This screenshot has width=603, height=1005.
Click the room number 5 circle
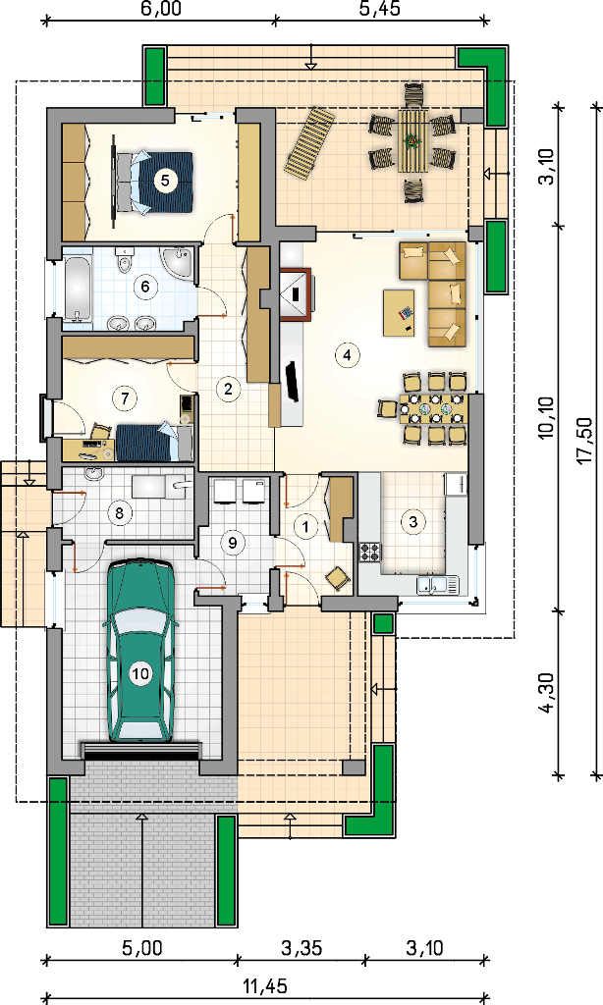166,181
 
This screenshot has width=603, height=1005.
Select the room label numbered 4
347,354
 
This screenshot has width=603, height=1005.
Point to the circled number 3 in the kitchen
413,522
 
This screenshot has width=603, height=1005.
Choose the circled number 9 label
232,542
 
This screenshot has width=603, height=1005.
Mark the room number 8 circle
119,512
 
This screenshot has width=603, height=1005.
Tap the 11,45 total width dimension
265,986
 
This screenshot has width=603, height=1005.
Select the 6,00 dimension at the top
159,8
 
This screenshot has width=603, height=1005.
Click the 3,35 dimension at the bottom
301,947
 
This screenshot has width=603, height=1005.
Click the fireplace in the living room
296,293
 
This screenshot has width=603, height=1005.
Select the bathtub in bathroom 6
78,290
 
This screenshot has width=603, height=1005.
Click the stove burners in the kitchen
369,552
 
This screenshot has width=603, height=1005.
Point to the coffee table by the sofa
399,313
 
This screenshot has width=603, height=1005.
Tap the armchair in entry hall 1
338,577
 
